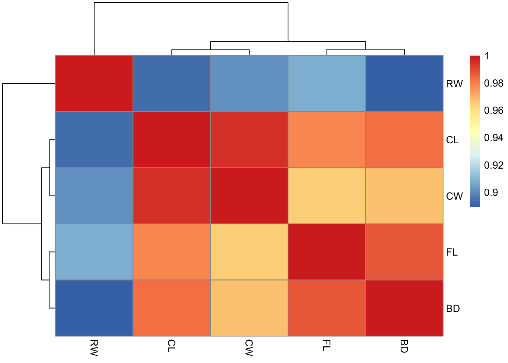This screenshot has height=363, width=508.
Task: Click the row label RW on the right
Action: (454, 84)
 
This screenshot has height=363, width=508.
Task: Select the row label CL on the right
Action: (452, 140)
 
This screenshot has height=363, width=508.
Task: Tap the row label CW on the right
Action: (454, 196)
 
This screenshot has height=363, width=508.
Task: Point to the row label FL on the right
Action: (452, 252)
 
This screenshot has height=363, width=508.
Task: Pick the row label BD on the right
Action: (453, 309)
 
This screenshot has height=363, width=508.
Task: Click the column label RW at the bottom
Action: (94, 348)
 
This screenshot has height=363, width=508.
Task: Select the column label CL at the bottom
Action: (172, 346)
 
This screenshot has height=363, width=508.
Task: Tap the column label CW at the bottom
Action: (249, 348)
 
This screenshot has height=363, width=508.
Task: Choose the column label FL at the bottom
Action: (327, 346)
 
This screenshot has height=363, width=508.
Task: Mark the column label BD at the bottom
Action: (404, 346)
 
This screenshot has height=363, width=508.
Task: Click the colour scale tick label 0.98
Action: (493, 83)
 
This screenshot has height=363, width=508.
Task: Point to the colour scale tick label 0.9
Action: (491, 192)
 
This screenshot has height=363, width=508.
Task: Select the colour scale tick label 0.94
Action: (493, 138)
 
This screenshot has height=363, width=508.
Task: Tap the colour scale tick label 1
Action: (487, 56)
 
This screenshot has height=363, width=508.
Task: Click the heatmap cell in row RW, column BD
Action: (404, 84)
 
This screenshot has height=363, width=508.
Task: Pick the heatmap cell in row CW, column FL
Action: (327, 196)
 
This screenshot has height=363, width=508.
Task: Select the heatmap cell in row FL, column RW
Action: (94, 252)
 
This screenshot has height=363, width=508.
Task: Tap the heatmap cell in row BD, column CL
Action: (172, 308)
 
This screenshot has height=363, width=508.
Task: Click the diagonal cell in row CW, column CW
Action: (249, 196)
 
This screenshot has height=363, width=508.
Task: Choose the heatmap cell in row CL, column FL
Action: (327, 140)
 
